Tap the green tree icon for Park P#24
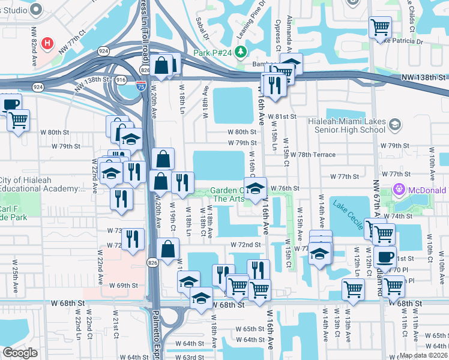241,52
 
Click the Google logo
20,352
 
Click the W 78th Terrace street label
313,155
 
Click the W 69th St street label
123,286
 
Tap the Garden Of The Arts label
227,195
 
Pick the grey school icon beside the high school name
394,124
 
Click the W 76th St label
285,188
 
